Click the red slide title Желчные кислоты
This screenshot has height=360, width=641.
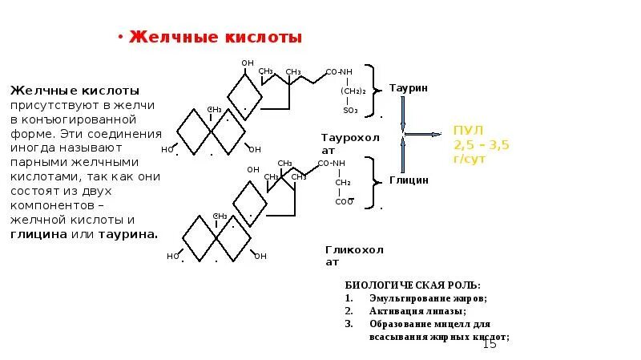(216, 38)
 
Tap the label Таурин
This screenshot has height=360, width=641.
(409, 87)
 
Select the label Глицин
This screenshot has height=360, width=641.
(409, 180)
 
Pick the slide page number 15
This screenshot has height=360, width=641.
(489, 343)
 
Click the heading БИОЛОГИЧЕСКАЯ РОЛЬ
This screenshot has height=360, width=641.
(413, 285)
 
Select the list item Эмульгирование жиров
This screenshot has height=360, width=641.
(428, 298)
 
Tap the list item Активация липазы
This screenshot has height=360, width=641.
(417, 311)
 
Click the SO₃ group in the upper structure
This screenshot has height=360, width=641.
(350, 111)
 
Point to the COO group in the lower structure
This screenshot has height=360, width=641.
(344, 202)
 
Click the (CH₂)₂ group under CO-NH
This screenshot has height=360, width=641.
(353, 91)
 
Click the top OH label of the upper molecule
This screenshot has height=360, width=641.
(248, 63)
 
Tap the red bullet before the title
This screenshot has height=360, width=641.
(119, 37)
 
